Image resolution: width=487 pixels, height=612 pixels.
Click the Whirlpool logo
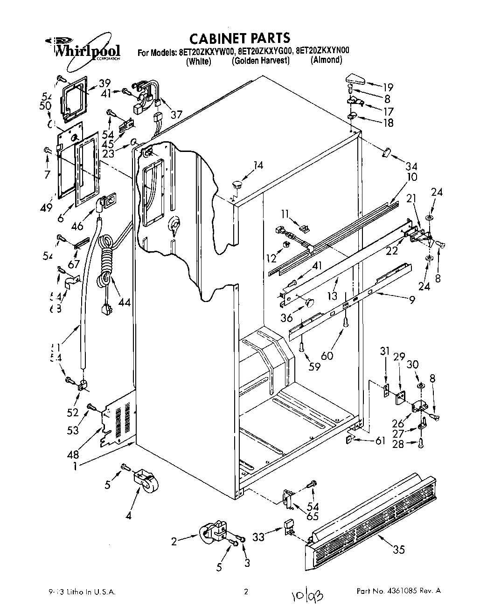pos(86,49)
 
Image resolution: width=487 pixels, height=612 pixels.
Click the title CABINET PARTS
pos(239,38)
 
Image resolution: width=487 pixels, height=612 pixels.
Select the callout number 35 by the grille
pos(398,550)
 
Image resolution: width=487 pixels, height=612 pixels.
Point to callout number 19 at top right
pos(388,87)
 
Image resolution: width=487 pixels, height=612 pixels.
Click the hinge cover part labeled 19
pos(357,80)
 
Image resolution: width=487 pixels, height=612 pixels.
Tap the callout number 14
pos(258,165)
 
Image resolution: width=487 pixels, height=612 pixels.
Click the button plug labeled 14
pos(238,183)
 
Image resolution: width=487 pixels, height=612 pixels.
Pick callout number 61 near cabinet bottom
pos(380,440)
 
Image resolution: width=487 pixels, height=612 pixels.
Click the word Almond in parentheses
pos(327,60)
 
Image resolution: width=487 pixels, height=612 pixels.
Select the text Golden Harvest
pos(261,61)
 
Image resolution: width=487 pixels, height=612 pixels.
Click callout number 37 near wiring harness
pos(176,114)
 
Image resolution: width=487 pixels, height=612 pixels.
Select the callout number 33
pos(258,537)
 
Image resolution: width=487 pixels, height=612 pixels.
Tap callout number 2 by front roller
pos(174,541)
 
